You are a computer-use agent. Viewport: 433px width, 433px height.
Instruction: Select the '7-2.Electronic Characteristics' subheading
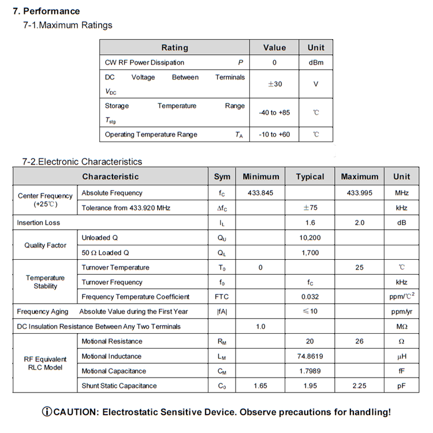click(x=82, y=162)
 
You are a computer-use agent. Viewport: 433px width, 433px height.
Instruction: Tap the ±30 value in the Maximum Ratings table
click(x=275, y=84)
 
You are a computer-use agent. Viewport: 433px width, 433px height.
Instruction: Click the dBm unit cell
click(x=316, y=62)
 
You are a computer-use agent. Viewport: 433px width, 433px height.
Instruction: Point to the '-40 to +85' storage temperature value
click(x=274, y=113)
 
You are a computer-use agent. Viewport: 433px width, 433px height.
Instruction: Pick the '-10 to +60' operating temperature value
click(x=274, y=135)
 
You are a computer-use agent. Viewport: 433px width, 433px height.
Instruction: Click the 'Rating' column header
click(x=174, y=47)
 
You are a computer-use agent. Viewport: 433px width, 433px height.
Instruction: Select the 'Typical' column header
click(x=310, y=177)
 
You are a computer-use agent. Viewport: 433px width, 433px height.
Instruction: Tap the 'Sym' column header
click(x=222, y=177)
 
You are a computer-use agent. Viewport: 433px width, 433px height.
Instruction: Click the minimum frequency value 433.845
click(x=260, y=193)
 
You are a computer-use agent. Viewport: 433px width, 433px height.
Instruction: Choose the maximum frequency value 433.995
click(x=359, y=193)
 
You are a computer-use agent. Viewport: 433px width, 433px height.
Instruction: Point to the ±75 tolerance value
click(x=310, y=208)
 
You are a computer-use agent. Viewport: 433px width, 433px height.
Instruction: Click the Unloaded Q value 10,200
click(x=310, y=238)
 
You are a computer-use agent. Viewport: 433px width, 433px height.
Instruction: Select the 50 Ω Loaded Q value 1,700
click(x=310, y=253)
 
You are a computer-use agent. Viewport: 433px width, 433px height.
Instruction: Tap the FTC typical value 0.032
click(x=310, y=297)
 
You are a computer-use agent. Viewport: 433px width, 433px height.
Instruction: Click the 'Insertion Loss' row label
click(x=39, y=223)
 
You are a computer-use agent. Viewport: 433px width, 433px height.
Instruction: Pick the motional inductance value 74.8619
click(x=310, y=356)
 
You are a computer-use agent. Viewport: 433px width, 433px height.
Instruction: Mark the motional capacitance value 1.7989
click(x=310, y=371)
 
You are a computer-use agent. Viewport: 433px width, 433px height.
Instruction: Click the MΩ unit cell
click(x=402, y=327)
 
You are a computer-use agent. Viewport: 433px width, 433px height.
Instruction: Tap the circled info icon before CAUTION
click(x=47, y=412)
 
